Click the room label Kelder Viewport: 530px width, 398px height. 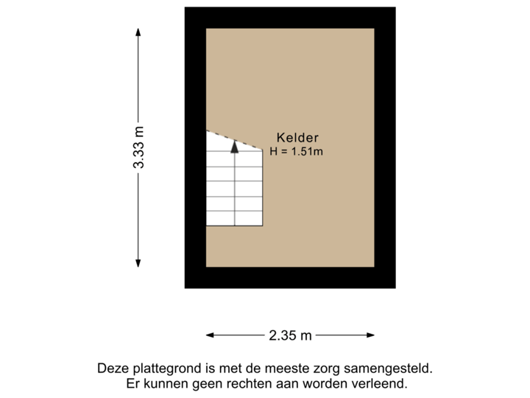tap(297, 137)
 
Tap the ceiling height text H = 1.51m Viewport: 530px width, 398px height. tap(297, 152)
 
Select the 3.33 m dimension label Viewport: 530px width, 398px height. tap(138, 147)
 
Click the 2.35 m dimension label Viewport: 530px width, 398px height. tap(290, 335)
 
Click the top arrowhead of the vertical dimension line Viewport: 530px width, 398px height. tap(138, 31)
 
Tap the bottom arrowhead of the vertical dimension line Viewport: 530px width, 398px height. tap(138, 263)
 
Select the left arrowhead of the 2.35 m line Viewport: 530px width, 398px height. tap(210, 335)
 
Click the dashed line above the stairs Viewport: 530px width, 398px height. tap(234, 140)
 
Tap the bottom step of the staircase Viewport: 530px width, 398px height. tap(234, 218)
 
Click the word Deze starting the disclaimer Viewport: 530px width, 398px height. tap(112, 368)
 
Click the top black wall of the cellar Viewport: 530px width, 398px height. tap(290, 18)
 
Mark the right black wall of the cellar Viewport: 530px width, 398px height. tap(385, 147)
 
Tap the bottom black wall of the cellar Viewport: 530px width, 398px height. tap(290, 277)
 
